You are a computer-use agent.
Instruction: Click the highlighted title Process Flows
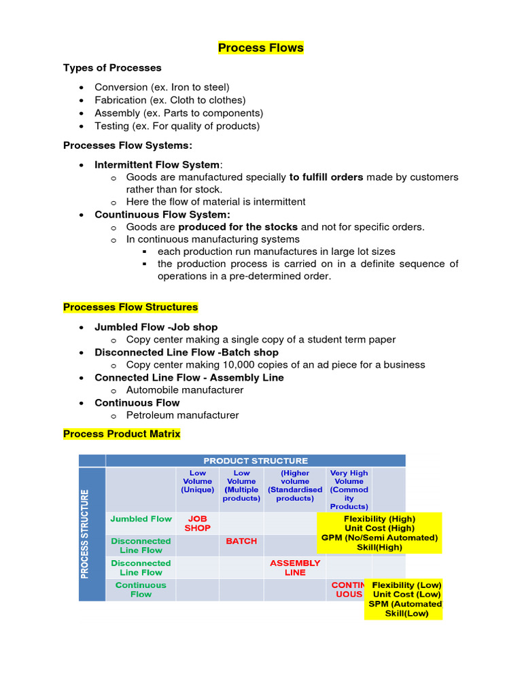[x=260, y=48]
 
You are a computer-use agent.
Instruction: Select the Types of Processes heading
[x=112, y=68]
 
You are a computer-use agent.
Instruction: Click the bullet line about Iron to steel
[x=162, y=87]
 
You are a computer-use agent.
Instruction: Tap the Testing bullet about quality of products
[x=177, y=126]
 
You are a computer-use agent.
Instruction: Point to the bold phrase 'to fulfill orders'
[x=326, y=177]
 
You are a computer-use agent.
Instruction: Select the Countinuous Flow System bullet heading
[x=153, y=215]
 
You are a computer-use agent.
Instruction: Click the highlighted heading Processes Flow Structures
[x=130, y=307]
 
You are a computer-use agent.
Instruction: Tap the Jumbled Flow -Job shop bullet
[x=156, y=327]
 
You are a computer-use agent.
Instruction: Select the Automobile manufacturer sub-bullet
[x=184, y=390]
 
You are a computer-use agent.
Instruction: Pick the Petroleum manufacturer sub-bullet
[x=182, y=415]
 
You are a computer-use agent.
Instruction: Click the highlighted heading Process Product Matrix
[x=122, y=434]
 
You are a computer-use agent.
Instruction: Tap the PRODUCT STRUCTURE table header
[x=256, y=461]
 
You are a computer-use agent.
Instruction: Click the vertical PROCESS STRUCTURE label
[x=86, y=534]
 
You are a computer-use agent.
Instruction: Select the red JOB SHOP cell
[x=198, y=523]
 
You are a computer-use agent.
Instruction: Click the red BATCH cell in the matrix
[x=241, y=541]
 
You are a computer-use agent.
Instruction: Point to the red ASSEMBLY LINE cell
[x=295, y=568]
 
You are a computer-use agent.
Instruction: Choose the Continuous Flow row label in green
[x=141, y=589]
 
